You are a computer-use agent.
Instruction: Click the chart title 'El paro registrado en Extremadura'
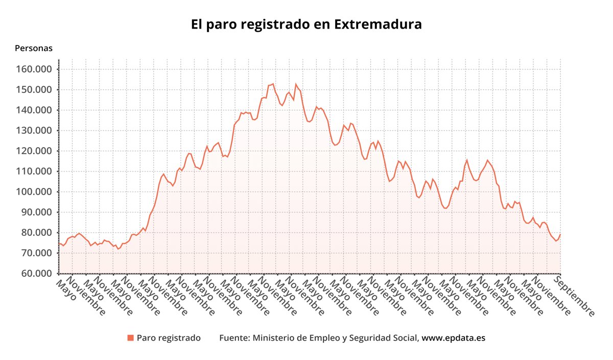tap(306, 25)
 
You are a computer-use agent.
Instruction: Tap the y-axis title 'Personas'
tap(34, 49)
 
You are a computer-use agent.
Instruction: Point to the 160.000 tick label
tap(34, 69)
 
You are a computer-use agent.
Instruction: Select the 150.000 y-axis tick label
tap(34, 90)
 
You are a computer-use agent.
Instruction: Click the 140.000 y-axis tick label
tap(34, 110)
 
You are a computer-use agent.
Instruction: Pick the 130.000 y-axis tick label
tap(34, 131)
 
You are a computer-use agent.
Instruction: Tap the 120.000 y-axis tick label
tap(34, 151)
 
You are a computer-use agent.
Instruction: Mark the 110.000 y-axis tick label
tap(34, 172)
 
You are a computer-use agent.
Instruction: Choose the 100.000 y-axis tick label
tap(34, 192)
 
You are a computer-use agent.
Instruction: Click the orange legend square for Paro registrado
tap(131, 338)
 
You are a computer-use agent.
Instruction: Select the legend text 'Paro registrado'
tap(169, 338)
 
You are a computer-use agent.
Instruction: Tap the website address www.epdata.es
tap(453, 338)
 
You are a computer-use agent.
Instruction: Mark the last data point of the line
tap(560, 234)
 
